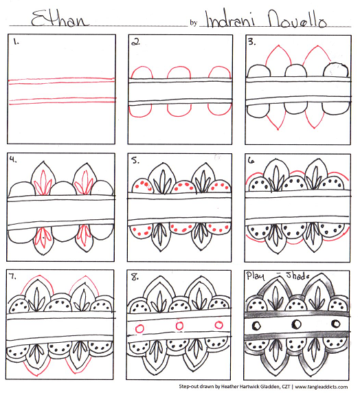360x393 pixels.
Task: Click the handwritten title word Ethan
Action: click(60, 19)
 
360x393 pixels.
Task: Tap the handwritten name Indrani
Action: click(230, 19)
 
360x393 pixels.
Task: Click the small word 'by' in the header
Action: click(193, 23)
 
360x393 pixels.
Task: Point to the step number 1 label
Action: click(16, 42)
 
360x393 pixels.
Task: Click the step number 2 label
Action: click(136, 43)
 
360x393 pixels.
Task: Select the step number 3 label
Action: click(251, 42)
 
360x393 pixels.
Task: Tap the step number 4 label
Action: click(13, 159)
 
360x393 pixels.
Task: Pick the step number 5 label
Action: click(135, 160)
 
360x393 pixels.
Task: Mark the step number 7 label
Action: click(12, 277)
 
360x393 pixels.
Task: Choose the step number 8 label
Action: click(135, 277)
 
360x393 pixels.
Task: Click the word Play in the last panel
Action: click(255, 276)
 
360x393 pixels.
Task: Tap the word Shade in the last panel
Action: click(297, 276)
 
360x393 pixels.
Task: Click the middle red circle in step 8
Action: click(179, 326)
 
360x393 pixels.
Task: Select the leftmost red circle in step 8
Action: click(139, 328)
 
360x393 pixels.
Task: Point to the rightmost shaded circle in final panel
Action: click(336, 324)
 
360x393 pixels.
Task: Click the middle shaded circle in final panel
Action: click(297, 324)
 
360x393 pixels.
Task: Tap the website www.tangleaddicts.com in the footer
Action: click(322, 387)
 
